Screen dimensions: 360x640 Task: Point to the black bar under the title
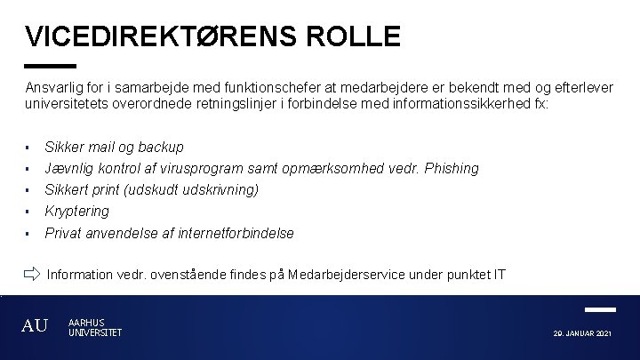[51, 66]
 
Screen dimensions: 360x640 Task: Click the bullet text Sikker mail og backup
[114, 147]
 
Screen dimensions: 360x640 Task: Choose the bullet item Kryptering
[76, 211]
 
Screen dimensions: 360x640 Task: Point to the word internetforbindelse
[235, 233]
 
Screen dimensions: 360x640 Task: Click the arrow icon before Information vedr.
[32, 273]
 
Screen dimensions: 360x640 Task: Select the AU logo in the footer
[35, 326]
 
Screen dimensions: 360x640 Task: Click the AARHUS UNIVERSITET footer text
[94, 327]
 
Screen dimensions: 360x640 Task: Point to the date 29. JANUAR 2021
[582, 332]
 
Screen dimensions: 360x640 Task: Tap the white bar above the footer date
[601, 309]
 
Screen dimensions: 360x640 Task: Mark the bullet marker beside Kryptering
[28, 212]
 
